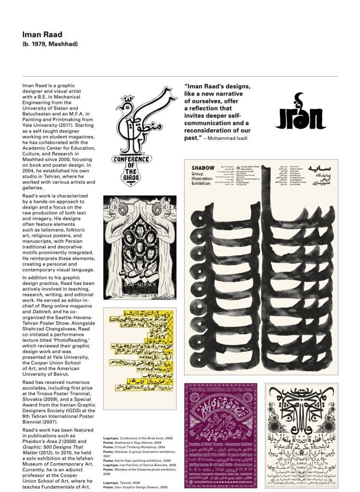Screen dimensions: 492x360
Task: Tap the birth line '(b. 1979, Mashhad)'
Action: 50,44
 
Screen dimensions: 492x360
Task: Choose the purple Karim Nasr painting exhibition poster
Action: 221,435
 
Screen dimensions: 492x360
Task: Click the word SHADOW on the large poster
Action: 203,168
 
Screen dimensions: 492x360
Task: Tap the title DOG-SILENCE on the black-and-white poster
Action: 140,284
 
